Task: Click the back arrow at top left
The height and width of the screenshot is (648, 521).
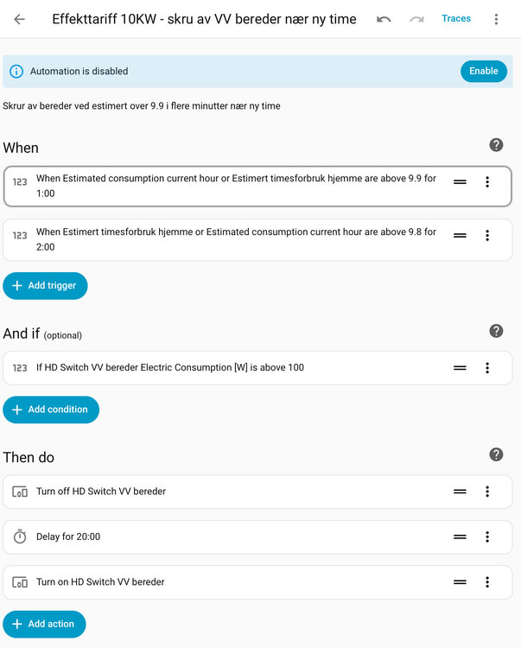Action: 19,19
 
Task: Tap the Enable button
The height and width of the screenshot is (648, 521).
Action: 483,71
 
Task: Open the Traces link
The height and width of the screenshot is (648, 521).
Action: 456,18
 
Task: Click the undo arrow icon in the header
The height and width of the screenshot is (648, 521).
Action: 384,19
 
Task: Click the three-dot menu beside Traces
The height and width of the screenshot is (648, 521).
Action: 496,19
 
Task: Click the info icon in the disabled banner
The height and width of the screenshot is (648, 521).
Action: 16,72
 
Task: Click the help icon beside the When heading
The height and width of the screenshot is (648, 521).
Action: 496,145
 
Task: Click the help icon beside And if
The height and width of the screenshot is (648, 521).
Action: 496,331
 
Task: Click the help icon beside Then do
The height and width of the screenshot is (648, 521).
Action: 496,454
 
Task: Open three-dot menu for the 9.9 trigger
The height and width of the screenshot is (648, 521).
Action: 487,182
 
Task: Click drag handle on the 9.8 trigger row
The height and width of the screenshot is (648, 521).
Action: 460,235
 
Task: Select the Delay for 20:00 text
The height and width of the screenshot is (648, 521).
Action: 68,537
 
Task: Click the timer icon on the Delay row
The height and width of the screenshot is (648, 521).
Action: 20,537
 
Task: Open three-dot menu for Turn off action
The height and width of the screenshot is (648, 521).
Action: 487,492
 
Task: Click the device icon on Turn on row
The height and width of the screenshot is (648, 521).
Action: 20,582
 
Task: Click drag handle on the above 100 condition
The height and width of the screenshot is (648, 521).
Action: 460,368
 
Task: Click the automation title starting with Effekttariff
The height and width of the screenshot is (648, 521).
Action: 204,19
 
